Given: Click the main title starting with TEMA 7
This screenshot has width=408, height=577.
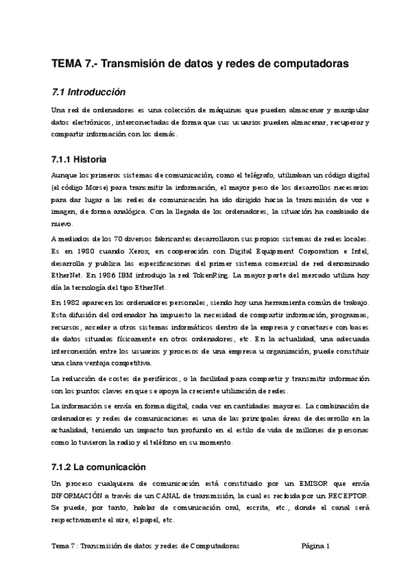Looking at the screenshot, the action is coord(200,63).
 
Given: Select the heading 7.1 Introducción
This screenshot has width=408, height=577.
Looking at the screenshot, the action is coord(89,92).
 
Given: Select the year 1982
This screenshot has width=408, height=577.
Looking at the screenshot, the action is coord(72,301).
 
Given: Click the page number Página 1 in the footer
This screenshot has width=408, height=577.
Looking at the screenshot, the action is coord(315,546).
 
